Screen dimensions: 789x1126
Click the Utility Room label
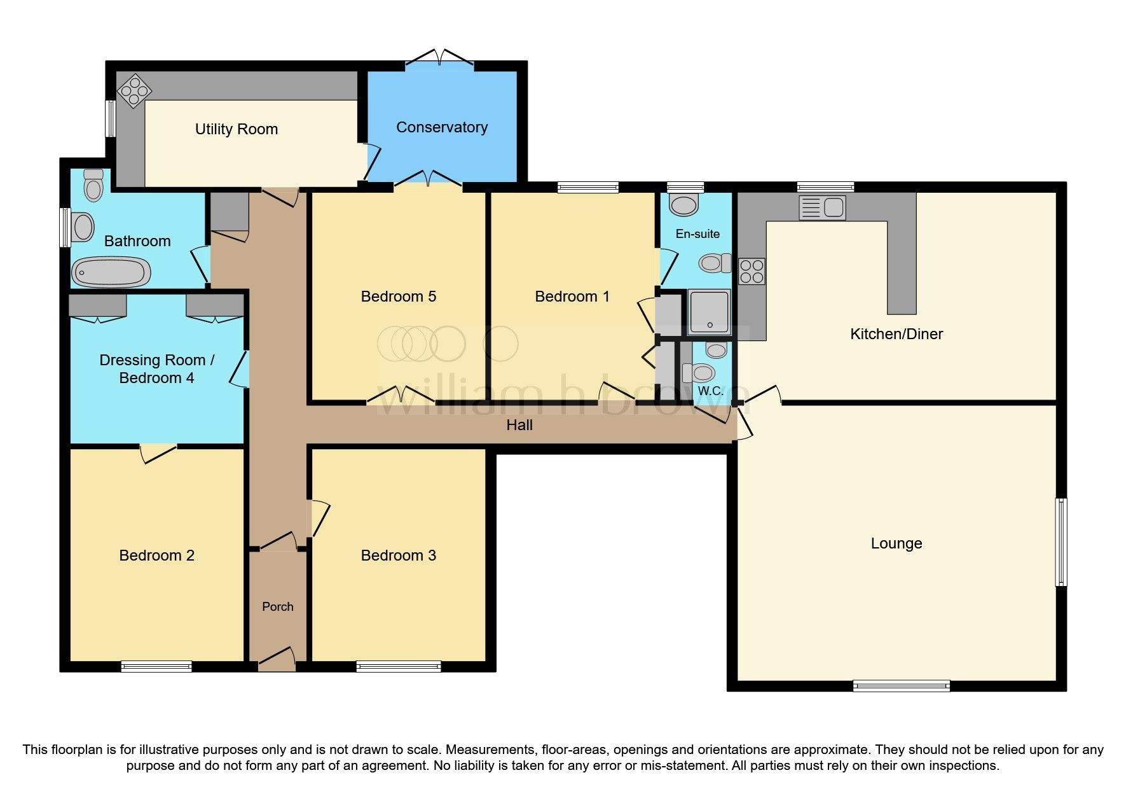(x=236, y=129)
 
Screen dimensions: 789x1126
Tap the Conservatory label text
(x=442, y=127)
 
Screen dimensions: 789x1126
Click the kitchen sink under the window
(x=822, y=207)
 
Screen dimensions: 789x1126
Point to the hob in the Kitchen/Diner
(x=752, y=271)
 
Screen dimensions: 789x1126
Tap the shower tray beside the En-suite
(x=710, y=312)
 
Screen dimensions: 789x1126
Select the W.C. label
(x=710, y=391)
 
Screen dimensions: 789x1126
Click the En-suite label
(x=697, y=234)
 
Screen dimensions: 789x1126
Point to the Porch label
(x=278, y=607)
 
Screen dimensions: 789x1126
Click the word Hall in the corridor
(x=519, y=425)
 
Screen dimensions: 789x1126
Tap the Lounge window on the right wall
(x=1061, y=542)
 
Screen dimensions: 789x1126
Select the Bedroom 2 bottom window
(x=156, y=666)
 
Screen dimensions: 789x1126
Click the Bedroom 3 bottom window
(x=399, y=666)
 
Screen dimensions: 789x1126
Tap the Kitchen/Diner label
(x=896, y=334)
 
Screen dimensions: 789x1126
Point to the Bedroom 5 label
(x=398, y=297)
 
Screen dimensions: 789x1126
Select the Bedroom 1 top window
(x=588, y=187)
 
